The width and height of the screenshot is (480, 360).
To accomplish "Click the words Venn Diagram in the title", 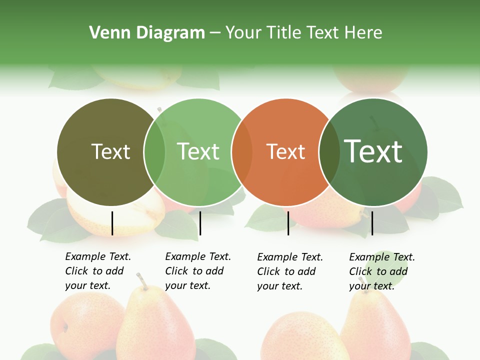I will tap(147, 33).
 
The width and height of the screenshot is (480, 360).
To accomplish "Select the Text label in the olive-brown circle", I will tap(110, 151).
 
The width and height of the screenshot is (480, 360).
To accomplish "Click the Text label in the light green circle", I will tap(198, 151).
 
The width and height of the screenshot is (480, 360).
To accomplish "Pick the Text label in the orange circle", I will tap(285, 151).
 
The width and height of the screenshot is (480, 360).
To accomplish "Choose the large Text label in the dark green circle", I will tap(373, 151).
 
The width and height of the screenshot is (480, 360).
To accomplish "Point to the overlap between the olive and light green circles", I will tap(154, 152).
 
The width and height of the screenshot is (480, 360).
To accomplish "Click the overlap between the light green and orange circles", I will tap(242, 152).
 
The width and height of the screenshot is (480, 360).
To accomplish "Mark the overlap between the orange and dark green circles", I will tap(329, 152).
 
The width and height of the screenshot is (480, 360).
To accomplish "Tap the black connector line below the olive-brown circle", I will tap(112, 223).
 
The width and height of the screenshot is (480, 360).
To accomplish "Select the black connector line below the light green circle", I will tap(200, 223).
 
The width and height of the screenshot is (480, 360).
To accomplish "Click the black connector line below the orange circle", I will tap(288, 223).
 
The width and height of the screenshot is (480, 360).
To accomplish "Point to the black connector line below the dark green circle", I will tap(372, 223).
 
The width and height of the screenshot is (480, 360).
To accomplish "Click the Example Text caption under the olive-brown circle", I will tap(97, 271).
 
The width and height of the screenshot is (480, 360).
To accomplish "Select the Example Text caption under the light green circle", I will tap(197, 271).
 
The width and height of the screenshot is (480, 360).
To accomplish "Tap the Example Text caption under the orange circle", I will tap(289, 271).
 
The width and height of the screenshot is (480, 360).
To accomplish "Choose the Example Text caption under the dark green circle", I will tap(381, 271).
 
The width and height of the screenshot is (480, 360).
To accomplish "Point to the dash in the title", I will tap(215, 33).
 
